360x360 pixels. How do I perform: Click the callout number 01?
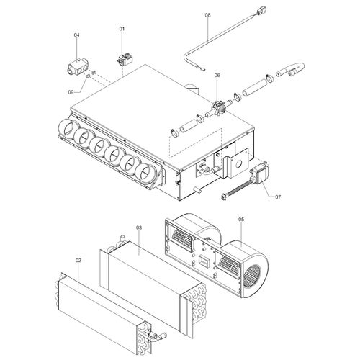pyautogui.click(x=122, y=28)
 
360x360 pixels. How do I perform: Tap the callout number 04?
pyautogui.click(x=76, y=35)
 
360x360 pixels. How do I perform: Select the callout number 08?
pyautogui.click(x=207, y=14)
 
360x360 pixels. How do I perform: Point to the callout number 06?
pyautogui.click(x=217, y=75)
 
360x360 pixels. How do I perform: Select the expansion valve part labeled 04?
pyautogui.click(x=74, y=68)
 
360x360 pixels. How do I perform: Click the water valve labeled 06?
pyautogui.click(x=217, y=108)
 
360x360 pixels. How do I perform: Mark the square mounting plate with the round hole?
pyautogui.click(x=235, y=166)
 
